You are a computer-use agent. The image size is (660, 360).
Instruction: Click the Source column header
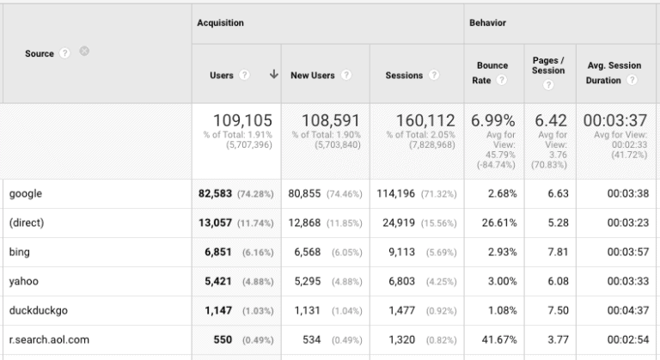tap(40, 53)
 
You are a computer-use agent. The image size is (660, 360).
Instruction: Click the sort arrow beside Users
tap(273, 75)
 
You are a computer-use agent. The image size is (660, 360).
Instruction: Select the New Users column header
tap(313, 76)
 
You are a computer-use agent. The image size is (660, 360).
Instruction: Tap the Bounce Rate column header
tap(492, 72)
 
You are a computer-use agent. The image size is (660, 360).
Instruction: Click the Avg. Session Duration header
tap(614, 72)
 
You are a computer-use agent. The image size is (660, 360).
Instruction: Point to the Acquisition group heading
tap(220, 23)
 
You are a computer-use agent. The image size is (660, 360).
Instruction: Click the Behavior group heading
tap(487, 23)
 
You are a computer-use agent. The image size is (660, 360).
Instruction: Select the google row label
tap(25, 194)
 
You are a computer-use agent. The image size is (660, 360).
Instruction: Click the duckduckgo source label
tap(38, 311)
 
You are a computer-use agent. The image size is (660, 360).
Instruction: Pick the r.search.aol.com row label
tap(48, 340)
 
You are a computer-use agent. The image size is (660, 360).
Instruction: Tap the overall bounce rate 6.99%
tap(492, 121)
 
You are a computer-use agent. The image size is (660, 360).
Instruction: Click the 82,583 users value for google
tap(216, 194)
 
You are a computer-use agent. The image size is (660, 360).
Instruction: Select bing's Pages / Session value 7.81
tap(558, 253)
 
